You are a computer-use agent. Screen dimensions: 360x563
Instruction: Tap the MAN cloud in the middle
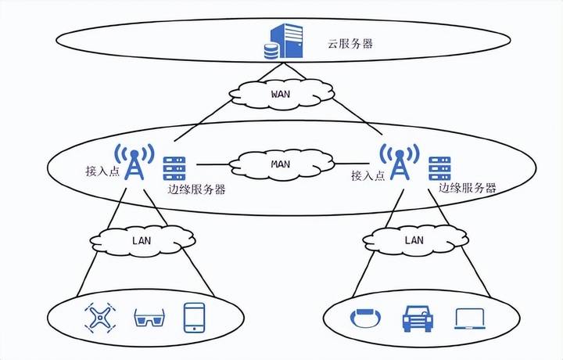click(x=281, y=165)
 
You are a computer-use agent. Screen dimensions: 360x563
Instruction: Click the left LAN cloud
click(x=141, y=238)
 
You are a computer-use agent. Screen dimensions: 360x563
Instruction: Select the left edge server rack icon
click(x=174, y=168)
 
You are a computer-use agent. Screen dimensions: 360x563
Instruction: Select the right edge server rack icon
click(x=440, y=168)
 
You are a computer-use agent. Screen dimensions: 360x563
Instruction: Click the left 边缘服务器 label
click(x=196, y=189)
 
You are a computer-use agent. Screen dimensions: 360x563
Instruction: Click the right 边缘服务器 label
click(x=468, y=188)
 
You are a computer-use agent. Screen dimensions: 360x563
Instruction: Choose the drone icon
click(x=98, y=318)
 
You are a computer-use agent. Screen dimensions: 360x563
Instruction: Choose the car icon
click(x=416, y=318)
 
